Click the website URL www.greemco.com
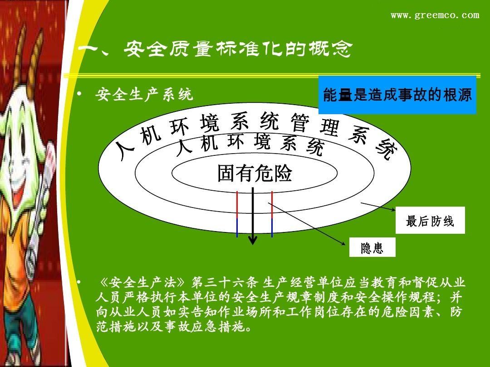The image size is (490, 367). [x=435, y=15]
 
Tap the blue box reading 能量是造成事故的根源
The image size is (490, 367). [x=397, y=95]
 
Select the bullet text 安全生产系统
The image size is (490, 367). [x=144, y=95]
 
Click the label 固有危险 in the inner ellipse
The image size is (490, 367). [x=255, y=174]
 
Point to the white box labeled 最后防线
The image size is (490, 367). [x=430, y=221]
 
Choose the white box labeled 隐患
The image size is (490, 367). [x=372, y=248]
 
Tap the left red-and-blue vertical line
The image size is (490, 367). [x=237, y=214]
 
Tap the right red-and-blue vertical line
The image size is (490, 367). [x=272, y=214]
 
